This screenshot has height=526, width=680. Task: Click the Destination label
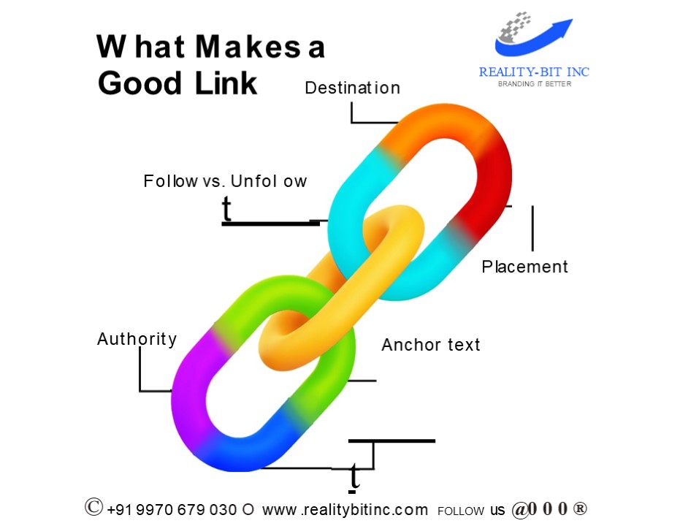pyautogui.click(x=352, y=88)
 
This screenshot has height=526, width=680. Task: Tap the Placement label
pyautogui.click(x=524, y=267)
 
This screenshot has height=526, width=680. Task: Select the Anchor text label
pyautogui.click(x=431, y=344)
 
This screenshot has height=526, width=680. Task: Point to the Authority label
pyautogui.click(x=137, y=339)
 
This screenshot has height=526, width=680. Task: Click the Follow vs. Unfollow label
pyautogui.click(x=225, y=181)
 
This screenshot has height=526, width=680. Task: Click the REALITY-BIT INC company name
pyautogui.click(x=534, y=72)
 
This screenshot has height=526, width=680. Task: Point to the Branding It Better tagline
pyautogui.click(x=534, y=84)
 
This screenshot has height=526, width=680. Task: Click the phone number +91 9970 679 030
pyautogui.click(x=172, y=510)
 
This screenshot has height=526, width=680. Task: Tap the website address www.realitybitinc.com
pyautogui.click(x=345, y=510)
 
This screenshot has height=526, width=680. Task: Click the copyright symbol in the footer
pyautogui.click(x=93, y=508)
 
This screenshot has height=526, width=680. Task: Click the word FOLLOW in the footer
pyautogui.click(x=461, y=511)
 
